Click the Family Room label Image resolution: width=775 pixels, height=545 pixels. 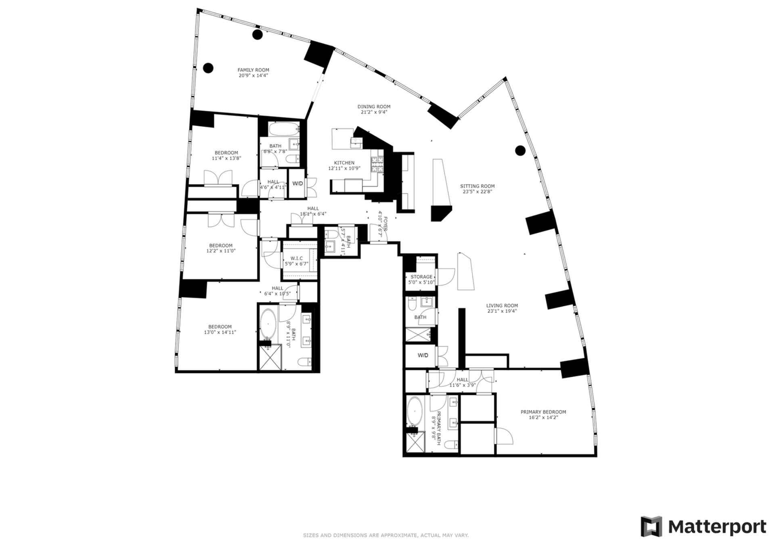(x=253, y=70)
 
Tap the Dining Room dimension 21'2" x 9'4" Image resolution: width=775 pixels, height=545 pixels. (x=374, y=113)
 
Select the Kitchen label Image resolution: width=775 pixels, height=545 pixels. (x=344, y=163)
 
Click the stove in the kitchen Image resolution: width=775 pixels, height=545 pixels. (x=377, y=165)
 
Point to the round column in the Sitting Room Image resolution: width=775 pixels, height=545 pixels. (x=520, y=150)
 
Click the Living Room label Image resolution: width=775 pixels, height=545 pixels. (x=502, y=306)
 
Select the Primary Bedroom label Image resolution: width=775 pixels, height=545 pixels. (x=543, y=412)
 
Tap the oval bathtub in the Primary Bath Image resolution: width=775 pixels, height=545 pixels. (x=414, y=412)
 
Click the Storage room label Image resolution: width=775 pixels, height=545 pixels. (x=421, y=277)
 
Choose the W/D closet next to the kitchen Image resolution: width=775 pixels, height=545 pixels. (x=297, y=184)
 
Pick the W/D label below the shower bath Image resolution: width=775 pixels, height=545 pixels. (x=423, y=355)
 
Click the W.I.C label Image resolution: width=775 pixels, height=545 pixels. (x=297, y=258)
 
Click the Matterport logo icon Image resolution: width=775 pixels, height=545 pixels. (x=651, y=526)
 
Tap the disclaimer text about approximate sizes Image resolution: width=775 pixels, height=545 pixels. (x=385, y=535)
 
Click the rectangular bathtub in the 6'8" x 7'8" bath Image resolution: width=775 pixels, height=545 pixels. (x=284, y=129)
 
